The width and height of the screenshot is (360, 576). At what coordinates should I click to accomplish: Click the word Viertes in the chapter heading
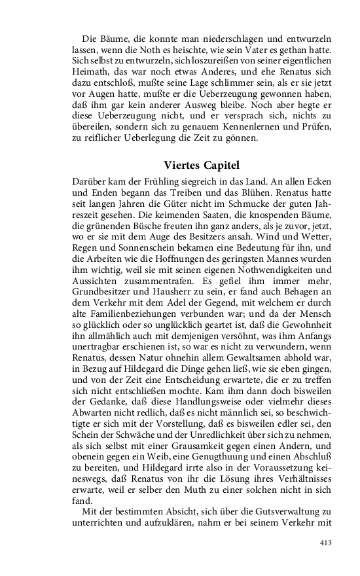(x=183, y=166)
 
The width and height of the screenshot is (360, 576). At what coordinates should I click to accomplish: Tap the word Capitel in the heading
(x=221, y=166)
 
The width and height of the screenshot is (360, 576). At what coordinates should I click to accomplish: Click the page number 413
(x=326, y=543)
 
